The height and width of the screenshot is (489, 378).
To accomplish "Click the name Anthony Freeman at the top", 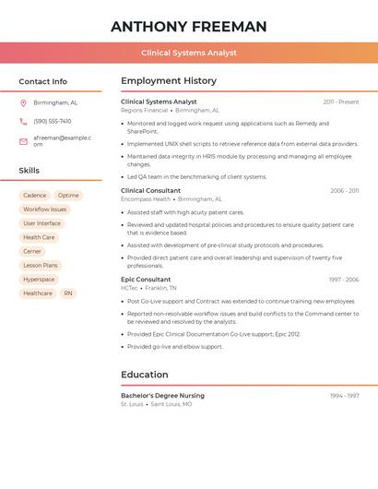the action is pyautogui.click(x=189, y=27).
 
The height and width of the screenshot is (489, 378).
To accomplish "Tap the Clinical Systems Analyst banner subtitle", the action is pyautogui.click(x=189, y=53).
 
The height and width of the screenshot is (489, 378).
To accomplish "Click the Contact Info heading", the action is pyautogui.click(x=43, y=81).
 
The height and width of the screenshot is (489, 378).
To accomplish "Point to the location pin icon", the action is pyautogui.click(x=23, y=103).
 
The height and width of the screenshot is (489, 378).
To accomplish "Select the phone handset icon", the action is pyautogui.click(x=23, y=122).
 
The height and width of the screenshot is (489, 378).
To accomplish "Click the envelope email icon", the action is pyautogui.click(x=23, y=141).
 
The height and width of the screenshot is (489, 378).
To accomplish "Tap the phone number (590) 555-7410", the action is pyautogui.click(x=53, y=122).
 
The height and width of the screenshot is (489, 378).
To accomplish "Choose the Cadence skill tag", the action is pyautogui.click(x=35, y=196).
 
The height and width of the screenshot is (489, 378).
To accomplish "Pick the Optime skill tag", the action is pyautogui.click(x=68, y=196).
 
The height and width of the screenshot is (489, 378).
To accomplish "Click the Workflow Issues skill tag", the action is pyautogui.click(x=45, y=209).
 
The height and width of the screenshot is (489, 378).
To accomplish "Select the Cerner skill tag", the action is pyautogui.click(x=32, y=251).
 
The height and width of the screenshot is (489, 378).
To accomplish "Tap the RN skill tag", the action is pyautogui.click(x=67, y=293).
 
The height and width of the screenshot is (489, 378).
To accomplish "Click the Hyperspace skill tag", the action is pyautogui.click(x=39, y=280).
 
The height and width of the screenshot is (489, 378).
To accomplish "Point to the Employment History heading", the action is pyautogui.click(x=169, y=81).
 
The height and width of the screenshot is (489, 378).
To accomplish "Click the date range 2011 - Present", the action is pyautogui.click(x=341, y=102).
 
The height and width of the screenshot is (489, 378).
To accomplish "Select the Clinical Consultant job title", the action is pyautogui.click(x=151, y=191).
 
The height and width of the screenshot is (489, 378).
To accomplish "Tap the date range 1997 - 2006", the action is pyautogui.click(x=343, y=280).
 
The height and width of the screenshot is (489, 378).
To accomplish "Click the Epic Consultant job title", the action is pyautogui.click(x=146, y=280).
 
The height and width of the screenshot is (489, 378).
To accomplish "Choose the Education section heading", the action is pyautogui.click(x=145, y=375).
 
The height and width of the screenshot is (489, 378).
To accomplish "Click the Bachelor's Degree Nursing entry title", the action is pyautogui.click(x=162, y=396).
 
